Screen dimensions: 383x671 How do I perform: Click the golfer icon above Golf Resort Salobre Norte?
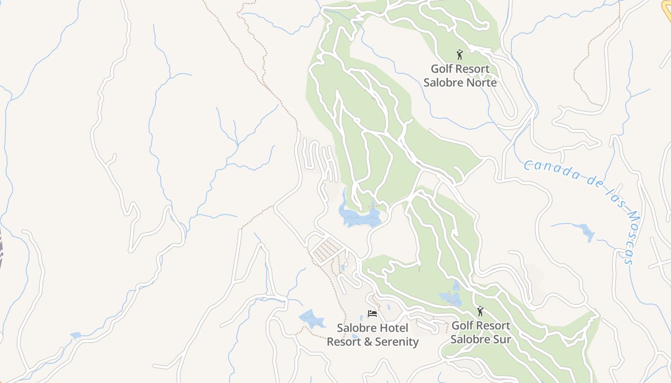point(460,55)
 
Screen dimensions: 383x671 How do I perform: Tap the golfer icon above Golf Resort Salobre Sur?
point(480,311)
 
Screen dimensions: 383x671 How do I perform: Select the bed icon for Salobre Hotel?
point(372,314)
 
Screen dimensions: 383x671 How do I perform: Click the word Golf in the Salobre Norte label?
point(441,69)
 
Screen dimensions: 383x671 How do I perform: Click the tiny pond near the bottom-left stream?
point(75,335)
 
